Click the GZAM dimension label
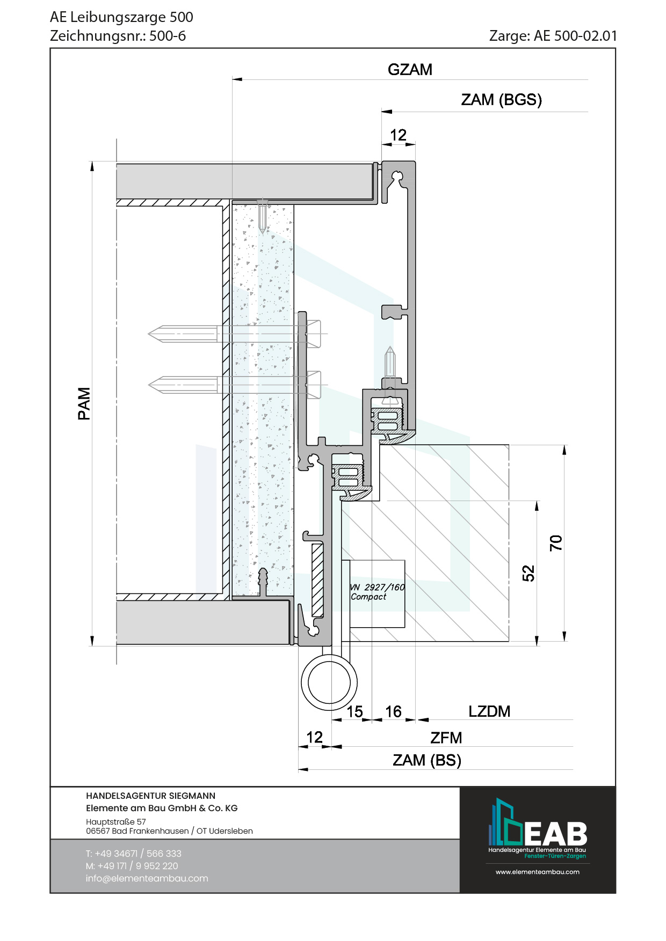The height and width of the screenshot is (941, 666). click(410, 70)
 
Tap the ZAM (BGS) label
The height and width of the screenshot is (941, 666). click(501, 100)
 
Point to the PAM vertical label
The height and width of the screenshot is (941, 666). click(84, 403)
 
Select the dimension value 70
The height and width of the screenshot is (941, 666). click(556, 543)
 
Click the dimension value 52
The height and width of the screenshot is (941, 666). click(529, 573)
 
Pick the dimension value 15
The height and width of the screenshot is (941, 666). click(354, 712)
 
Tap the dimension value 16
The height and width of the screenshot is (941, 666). click(393, 712)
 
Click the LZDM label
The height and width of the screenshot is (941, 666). click(489, 711)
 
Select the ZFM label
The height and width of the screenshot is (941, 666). click(446, 738)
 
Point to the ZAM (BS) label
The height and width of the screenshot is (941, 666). click(427, 760)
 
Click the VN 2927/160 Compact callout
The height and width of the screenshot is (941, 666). click(377, 592)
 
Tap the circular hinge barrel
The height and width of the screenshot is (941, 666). click(329, 682)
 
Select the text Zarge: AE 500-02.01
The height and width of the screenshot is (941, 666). click(553, 36)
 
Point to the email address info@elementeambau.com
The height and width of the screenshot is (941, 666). click(147, 878)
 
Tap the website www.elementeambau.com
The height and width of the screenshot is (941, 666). click(537, 872)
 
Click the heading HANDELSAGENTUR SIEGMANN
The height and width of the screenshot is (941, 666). click(150, 796)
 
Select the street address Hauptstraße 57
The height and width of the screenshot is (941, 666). click(116, 821)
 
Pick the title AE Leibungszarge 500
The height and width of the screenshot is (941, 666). click(121, 17)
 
